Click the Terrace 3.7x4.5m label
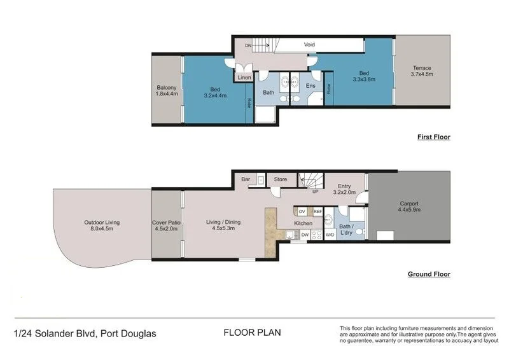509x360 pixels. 421,72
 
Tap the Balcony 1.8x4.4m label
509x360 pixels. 167,91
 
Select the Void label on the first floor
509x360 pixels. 309,45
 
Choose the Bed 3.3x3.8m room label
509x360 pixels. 364,76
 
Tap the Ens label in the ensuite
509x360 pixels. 311,85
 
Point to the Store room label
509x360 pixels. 281,179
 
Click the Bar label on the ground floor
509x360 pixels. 246,179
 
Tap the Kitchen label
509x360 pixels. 302,223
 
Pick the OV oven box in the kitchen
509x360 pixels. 302,211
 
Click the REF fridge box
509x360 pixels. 317,211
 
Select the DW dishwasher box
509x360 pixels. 305,235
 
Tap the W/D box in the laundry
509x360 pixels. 330,235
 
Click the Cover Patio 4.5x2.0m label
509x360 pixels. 166,226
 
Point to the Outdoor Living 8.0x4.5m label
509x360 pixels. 102,226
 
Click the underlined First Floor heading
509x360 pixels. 434,137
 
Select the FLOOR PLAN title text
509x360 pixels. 252,332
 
